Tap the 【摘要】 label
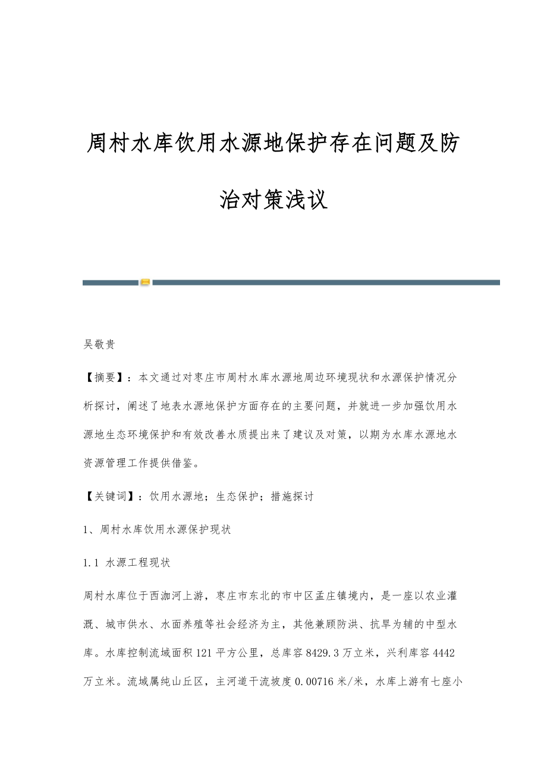coord(105,376)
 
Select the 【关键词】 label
coord(111,496)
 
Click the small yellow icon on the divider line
coord(146,282)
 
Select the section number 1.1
coord(91,562)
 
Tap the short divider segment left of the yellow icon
coord(111,283)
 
